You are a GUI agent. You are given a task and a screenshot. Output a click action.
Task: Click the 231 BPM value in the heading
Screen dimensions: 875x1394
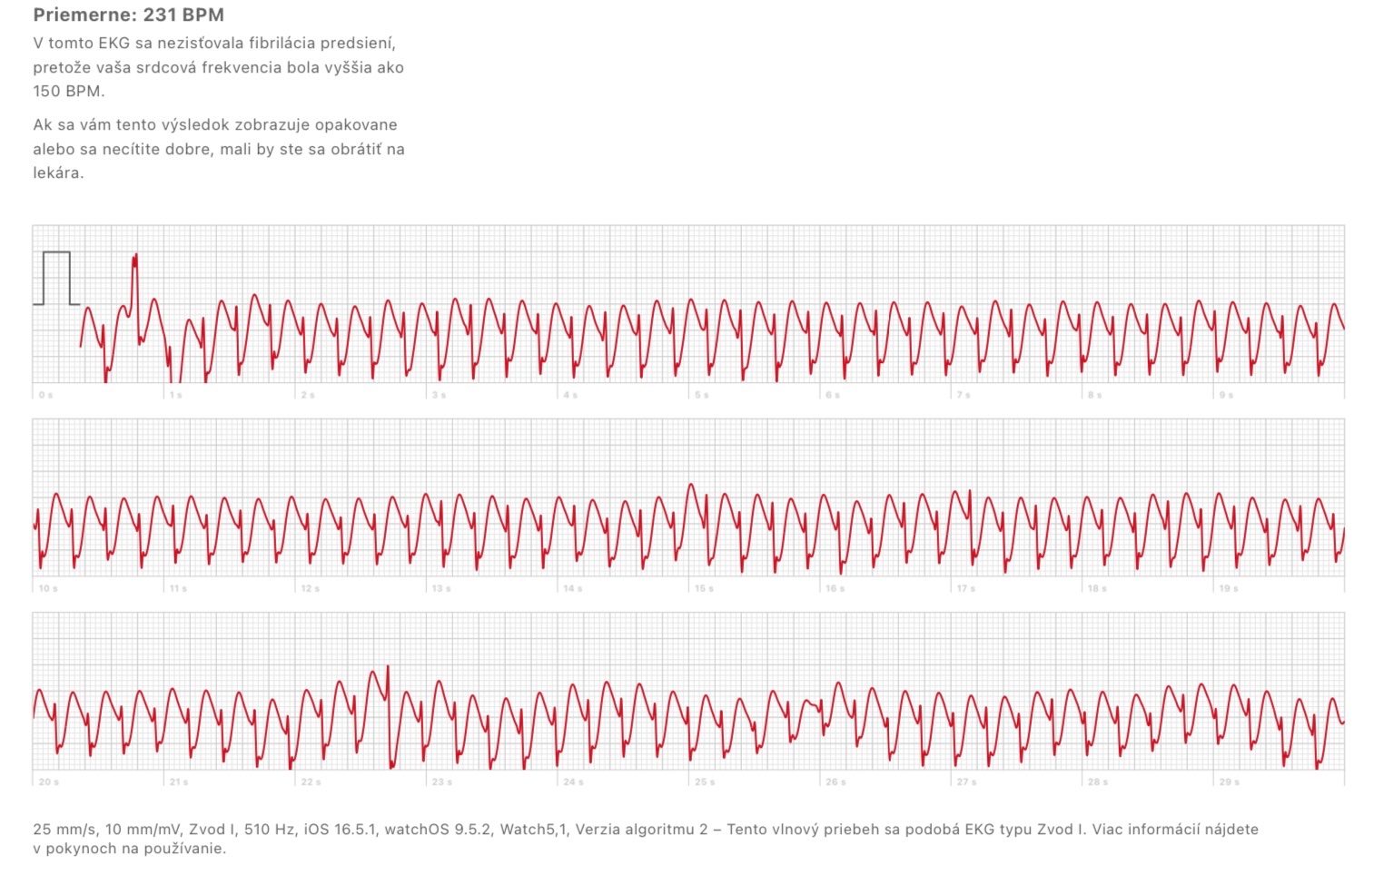coord(183,15)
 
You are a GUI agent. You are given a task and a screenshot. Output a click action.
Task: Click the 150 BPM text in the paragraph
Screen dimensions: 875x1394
coord(68,91)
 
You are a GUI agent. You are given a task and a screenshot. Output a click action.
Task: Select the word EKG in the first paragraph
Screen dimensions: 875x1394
coord(114,43)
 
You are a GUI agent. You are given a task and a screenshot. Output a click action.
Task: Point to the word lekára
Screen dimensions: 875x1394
coord(57,172)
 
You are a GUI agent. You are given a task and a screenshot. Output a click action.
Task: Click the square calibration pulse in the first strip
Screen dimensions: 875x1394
coord(56,278)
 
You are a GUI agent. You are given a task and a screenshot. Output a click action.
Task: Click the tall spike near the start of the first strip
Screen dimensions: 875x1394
coord(135,272)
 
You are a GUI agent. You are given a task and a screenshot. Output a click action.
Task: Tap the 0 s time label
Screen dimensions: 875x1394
coord(45,396)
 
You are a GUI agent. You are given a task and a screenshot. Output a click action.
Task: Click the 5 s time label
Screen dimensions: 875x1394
coord(702,396)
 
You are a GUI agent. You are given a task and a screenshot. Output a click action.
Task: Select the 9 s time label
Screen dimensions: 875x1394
coord(1226,396)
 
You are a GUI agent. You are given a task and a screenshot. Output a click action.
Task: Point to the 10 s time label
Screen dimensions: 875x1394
coord(48,589)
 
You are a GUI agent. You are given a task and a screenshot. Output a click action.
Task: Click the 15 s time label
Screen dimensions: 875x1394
coord(704,589)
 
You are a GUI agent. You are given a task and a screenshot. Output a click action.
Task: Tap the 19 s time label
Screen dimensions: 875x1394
coord(1229,589)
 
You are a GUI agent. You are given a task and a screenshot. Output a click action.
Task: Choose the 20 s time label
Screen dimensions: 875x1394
coord(48,782)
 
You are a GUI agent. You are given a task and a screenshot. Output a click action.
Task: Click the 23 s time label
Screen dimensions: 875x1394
coord(442,782)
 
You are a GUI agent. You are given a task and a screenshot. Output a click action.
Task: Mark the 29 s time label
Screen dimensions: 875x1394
coord(1229,782)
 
